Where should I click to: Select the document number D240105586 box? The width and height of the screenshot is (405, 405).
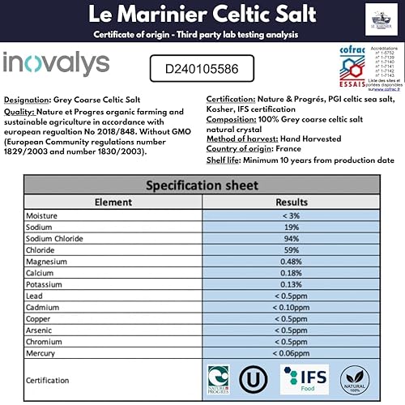pos(202,69)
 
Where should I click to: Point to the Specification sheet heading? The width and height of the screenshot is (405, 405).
pos(202,185)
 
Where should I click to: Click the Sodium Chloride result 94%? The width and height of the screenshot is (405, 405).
pos(292,240)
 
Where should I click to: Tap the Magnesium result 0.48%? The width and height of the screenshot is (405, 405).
pos(292,262)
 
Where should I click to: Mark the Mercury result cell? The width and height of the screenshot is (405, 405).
pos(292,353)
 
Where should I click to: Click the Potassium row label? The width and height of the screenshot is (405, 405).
pos(46,284)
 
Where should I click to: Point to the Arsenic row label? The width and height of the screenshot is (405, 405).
pos(42,330)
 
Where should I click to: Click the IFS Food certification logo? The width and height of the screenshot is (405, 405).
pos(304,379)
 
